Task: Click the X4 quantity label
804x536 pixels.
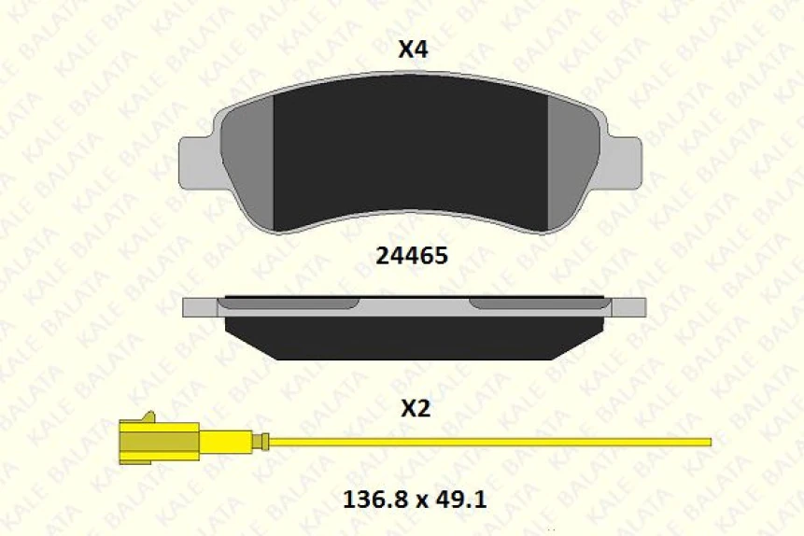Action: point(413,50)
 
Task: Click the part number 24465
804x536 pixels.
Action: point(411,254)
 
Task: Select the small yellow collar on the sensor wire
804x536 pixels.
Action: point(265,442)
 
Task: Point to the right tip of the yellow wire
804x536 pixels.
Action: point(708,442)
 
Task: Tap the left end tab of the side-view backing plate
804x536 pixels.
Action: point(199,307)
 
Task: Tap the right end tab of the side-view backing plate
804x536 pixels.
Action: point(628,307)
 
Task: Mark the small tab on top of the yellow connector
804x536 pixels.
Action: point(146,416)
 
